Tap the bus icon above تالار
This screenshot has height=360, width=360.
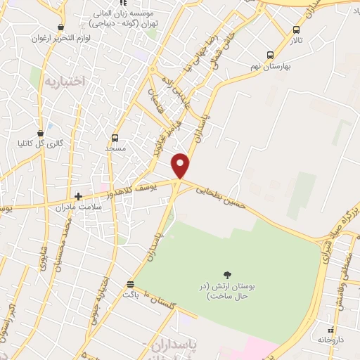[297, 30]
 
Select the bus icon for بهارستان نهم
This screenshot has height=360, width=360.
[271, 55]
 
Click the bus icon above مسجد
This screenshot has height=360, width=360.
[115, 138]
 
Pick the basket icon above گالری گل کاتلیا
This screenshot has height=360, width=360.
[42, 132]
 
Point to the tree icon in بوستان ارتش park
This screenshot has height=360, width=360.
[227, 275]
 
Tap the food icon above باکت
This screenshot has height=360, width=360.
[130, 284]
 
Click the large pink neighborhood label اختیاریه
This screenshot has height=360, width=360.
[64, 81]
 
